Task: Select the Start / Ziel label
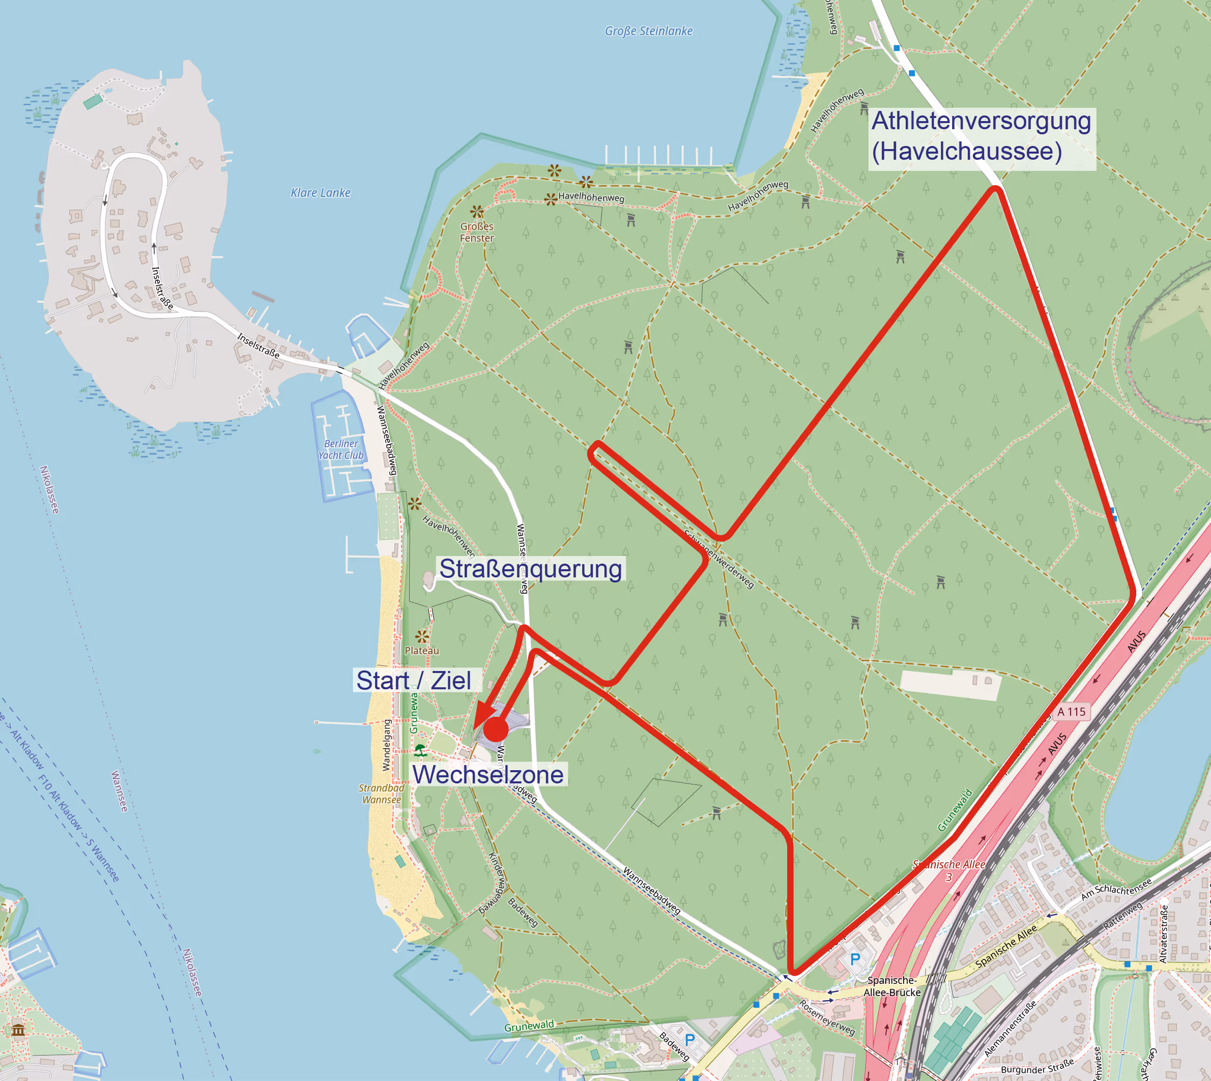pos(414,680)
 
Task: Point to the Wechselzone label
pos(488,775)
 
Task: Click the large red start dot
pos(496,729)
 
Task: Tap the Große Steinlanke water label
pos(648,31)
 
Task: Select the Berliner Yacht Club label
pos(340,450)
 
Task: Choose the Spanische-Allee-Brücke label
pos(892,986)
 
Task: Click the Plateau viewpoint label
pos(422,651)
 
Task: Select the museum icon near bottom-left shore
pos(18,1029)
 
